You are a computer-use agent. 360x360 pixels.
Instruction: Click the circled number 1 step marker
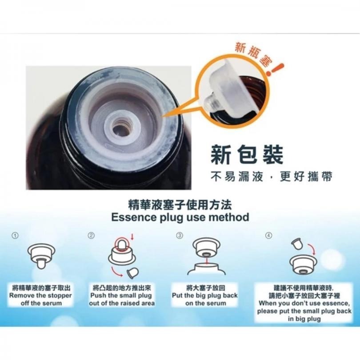tap(15, 236)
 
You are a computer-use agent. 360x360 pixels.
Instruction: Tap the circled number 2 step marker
tap(92, 236)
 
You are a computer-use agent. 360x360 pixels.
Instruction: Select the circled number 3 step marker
tap(180, 236)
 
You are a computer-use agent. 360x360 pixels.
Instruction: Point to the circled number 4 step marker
tap(269, 236)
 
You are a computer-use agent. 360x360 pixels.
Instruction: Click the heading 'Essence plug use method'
tap(180, 217)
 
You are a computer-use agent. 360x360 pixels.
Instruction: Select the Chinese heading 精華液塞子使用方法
tap(180, 205)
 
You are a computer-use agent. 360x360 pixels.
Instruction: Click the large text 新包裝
tap(247, 155)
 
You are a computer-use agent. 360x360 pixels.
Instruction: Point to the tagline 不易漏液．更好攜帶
tap(272, 177)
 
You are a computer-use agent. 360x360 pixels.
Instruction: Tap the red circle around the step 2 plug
tap(121, 244)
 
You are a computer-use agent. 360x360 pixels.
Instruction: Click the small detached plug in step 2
tap(133, 273)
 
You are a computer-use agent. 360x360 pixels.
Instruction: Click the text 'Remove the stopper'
tap(40, 296)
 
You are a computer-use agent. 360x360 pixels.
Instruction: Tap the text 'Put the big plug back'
tap(205, 296)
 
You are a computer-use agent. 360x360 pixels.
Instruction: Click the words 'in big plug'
tap(304, 319)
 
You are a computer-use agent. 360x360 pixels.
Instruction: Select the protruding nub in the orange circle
tap(209, 101)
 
